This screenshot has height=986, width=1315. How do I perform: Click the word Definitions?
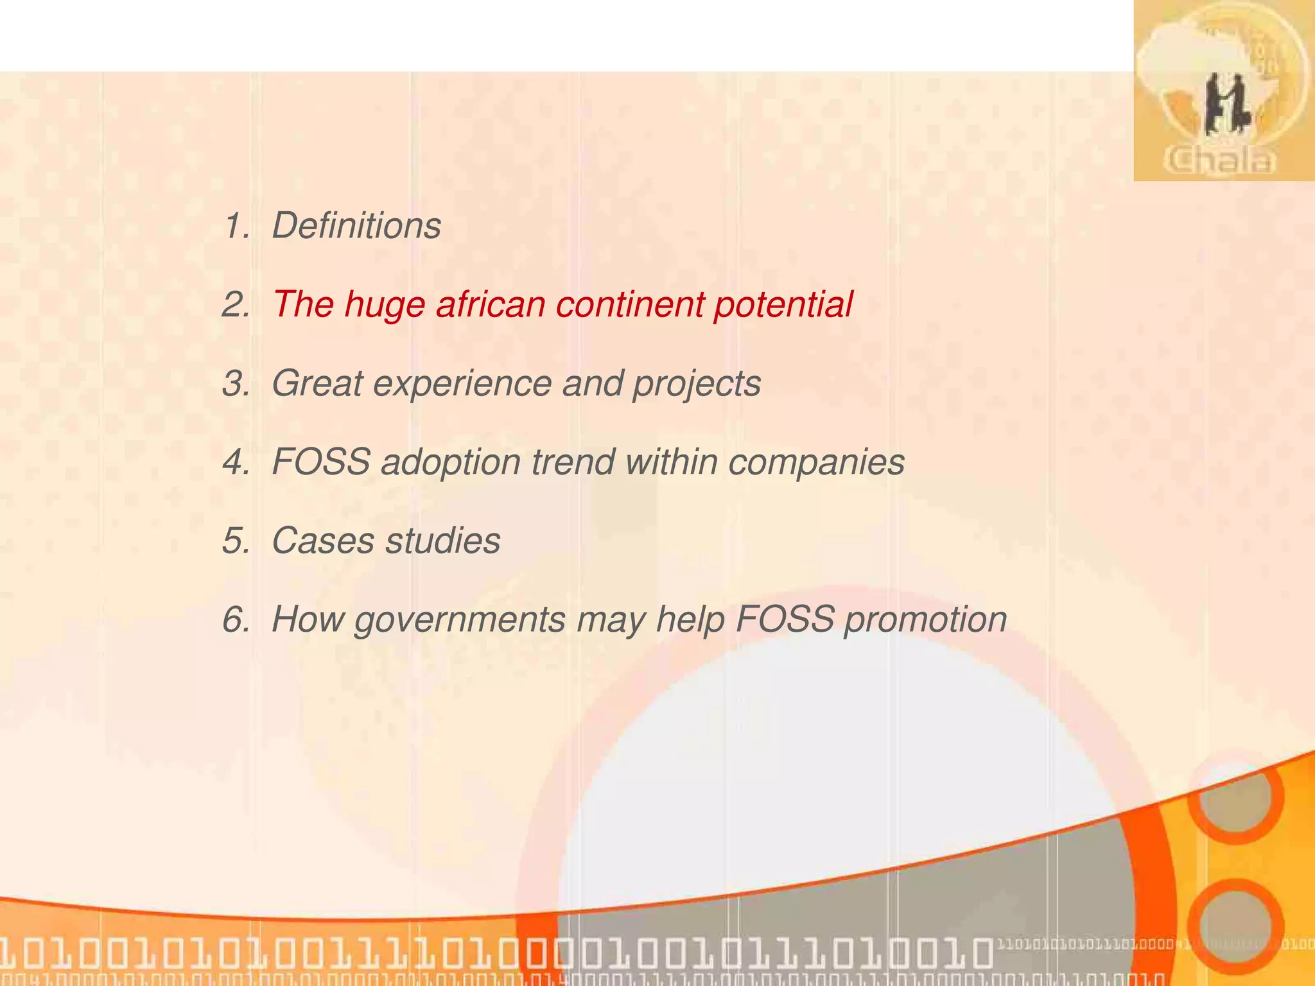(x=356, y=226)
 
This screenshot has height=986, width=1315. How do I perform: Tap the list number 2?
(x=235, y=305)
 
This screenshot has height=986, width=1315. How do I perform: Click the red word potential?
(x=783, y=306)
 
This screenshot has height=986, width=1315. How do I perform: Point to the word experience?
(x=462, y=384)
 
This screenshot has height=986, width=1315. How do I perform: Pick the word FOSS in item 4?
(x=321, y=462)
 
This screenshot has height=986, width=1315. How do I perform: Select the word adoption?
(x=450, y=463)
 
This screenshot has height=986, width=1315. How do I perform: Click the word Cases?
(x=323, y=541)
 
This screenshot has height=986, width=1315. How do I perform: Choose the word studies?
(x=443, y=541)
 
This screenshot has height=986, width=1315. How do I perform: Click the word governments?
(x=460, y=621)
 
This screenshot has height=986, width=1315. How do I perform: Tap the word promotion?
(x=925, y=621)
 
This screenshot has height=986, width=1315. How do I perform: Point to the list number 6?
(x=235, y=620)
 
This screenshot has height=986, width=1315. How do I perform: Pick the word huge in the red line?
(x=385, y=306)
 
